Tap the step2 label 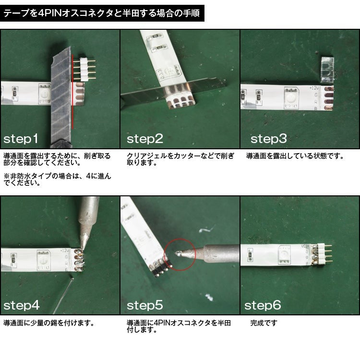coord(145,139)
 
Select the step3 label coord(268,139)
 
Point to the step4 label coord(22,305)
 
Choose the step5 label coord(145,305)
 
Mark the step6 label coord(263,305)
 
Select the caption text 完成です coord(264,324)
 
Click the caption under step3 coord(295,156)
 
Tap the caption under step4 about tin coord(48,324)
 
